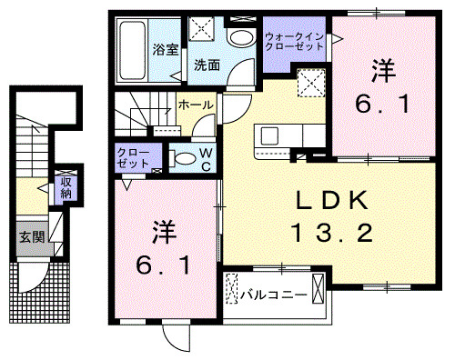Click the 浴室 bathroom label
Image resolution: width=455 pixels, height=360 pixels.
point(164,50)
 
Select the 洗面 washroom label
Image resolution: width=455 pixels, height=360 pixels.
point(207,65)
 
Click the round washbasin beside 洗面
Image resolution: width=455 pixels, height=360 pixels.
point(240,38)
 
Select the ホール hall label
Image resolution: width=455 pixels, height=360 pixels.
point(197,105)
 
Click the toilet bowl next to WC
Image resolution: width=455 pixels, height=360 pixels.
point(183,157)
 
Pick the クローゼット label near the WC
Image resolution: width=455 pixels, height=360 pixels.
point(134,156)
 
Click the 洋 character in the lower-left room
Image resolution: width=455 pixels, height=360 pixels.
point(162,231)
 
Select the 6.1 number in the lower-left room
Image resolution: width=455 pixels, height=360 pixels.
point(161,267)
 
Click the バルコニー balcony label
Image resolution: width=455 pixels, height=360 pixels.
point(273,294)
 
